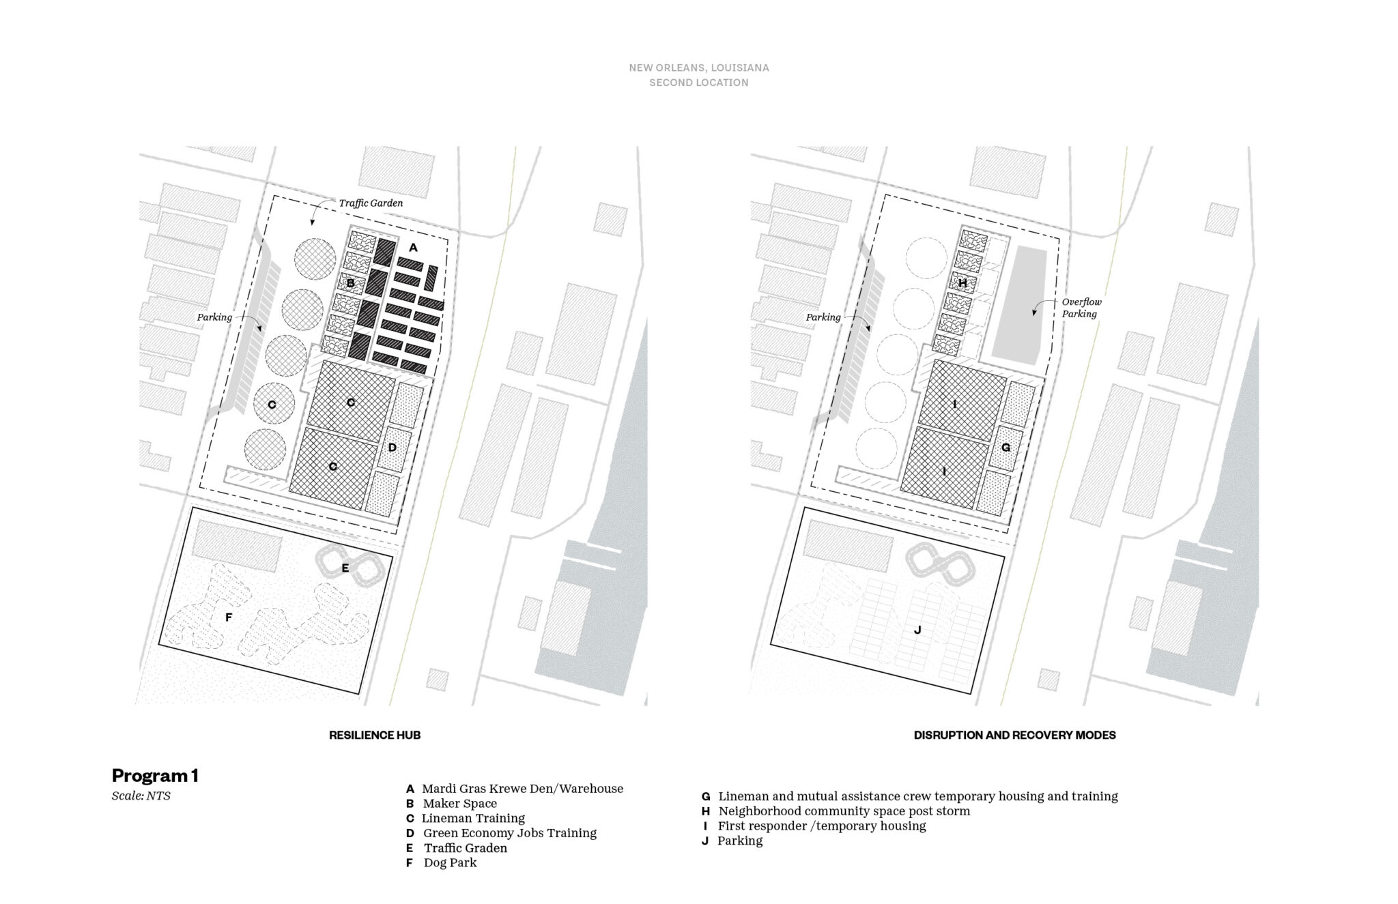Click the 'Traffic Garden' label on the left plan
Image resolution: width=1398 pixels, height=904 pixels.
click(371, 203)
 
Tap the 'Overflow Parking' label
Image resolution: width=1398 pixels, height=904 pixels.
click(1081, 308)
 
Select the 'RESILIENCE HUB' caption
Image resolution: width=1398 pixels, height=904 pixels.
click(375, 735)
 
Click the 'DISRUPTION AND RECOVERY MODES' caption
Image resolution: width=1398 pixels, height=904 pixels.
click(1014, 735)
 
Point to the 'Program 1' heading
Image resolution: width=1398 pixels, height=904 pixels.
click(155, 775)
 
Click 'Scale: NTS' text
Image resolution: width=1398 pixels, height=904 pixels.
click(141, 796)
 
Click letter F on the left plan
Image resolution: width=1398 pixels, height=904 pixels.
click(229, 617)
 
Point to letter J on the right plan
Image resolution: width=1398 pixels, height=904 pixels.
click(917, 630)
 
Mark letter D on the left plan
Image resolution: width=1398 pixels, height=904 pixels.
click(392, 448)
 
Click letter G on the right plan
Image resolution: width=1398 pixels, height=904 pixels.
click(1005, 448)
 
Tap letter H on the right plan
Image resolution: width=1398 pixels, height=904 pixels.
click(962, 282)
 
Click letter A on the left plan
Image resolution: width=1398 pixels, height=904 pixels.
click(413, 248)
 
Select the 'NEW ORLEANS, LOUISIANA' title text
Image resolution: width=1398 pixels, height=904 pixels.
click(699, 68)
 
